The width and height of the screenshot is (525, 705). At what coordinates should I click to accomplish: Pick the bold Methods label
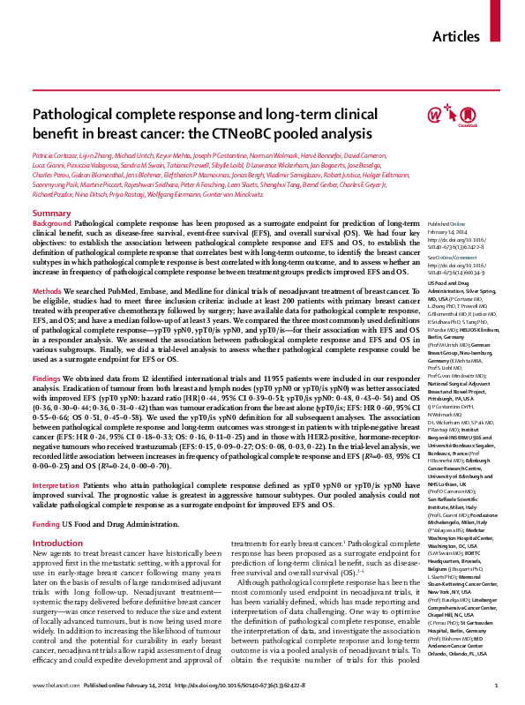[47, 290]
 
